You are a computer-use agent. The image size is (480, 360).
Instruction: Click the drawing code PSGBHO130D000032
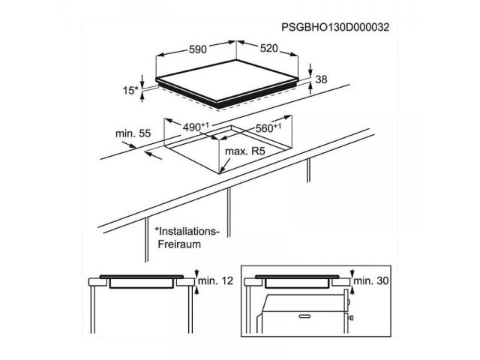(335, 28)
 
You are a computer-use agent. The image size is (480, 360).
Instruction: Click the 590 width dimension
(198, 49)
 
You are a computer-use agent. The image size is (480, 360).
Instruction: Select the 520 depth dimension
(269, 48)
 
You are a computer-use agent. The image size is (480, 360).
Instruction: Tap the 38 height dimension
(322, 79)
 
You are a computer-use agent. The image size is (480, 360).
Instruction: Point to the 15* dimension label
(130, 90)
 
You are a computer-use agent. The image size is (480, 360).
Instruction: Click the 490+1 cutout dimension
(196, 127)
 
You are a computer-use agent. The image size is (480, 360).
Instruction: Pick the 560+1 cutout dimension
(268, 127)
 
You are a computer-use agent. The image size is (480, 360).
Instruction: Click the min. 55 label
(133, 133)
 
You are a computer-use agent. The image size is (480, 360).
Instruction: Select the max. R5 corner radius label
(245, 151)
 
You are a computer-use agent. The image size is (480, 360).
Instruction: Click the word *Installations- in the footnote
(187, 231)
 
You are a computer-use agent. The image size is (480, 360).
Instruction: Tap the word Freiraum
(179, 244)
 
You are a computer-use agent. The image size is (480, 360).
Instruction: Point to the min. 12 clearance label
(216, 280)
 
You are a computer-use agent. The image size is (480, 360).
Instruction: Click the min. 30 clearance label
(371, 280)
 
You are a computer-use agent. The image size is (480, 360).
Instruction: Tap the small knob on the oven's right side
(351, 318)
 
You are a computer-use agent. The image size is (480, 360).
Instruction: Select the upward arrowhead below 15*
(142, 96)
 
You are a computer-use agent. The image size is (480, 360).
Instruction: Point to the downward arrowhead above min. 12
(196, 273)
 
